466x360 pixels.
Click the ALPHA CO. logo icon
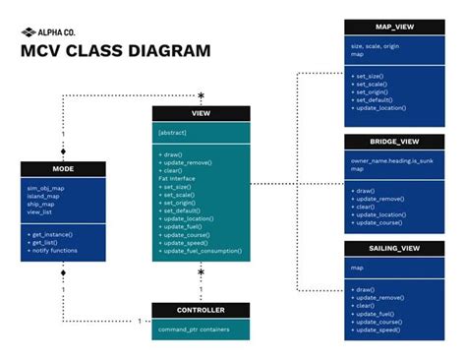(x=28, y=30)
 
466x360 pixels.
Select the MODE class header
(x=63, y=169)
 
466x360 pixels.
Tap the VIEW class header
(x=201, y=113)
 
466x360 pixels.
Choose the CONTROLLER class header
(x=201, y=310)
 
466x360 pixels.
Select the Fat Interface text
(x=177, y=179)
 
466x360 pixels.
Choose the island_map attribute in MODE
(x=42, y=194)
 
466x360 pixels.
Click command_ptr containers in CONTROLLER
(x=188, y=329)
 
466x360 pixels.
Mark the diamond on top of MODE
(x=63, y=153)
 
